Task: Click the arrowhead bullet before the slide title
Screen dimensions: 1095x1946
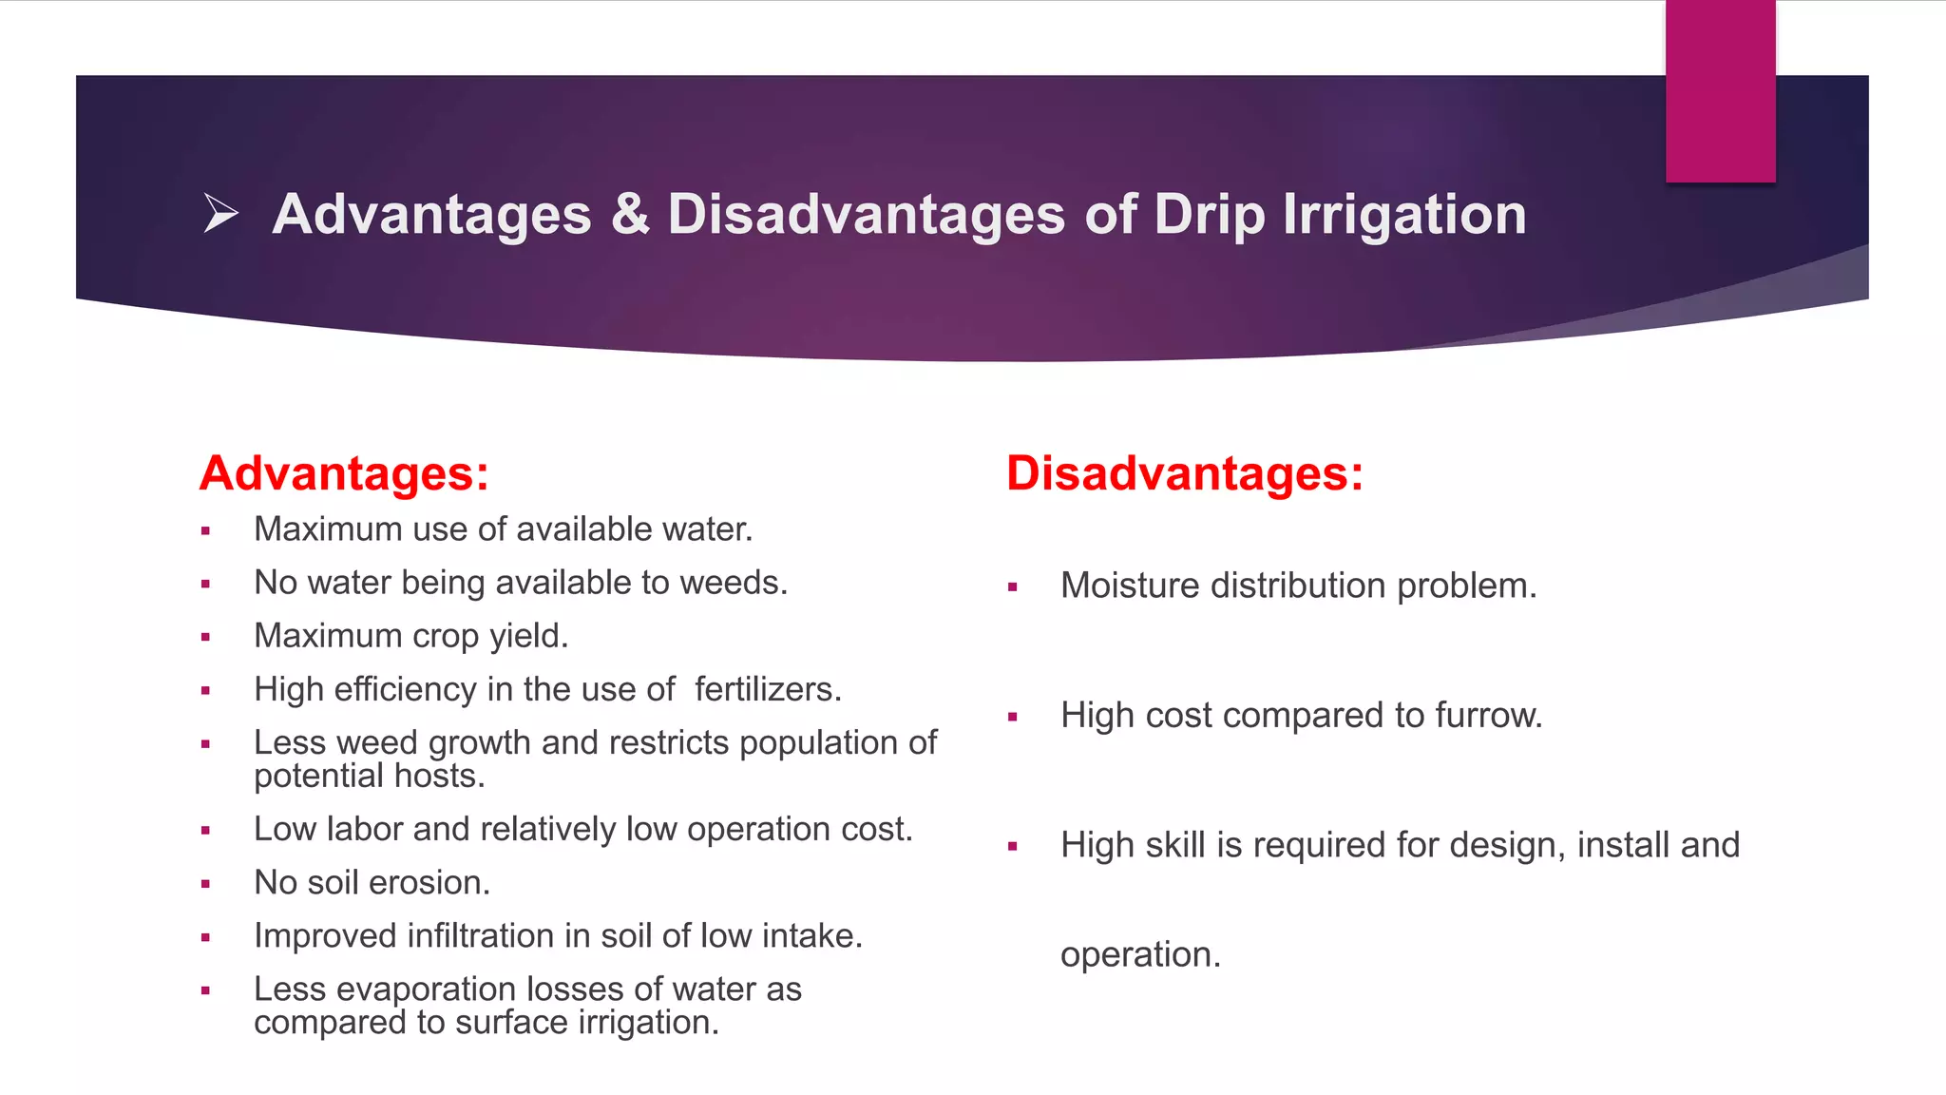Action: click(220, 213)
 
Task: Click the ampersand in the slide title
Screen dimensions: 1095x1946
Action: click(630, 215)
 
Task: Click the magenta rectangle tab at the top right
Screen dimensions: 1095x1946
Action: click(1720, 91)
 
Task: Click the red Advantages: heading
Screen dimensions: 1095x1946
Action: click(344, 473)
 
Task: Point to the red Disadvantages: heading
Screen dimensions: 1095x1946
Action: click(1184, 473)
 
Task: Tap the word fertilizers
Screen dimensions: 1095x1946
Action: click(767, 689)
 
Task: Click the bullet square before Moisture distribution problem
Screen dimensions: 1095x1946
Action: click(1013, 587)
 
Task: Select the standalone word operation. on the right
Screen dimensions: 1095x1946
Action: click(1139, 954)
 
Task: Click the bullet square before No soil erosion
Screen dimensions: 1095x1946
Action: click(205, 884)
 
